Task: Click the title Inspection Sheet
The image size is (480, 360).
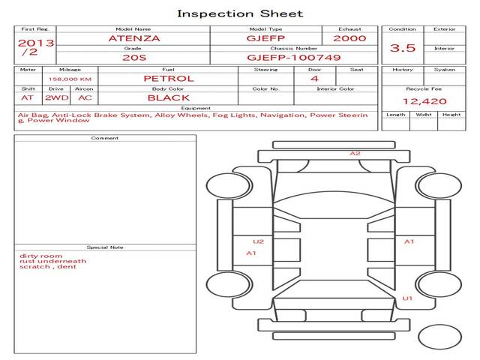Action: [x=240, y=13]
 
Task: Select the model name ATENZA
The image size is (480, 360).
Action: [x=134, y=38]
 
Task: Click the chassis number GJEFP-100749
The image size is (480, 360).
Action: [x=294, y=58]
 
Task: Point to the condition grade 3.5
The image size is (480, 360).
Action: [x=403, y=48]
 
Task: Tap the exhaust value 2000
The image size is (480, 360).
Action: [x=349, y=38]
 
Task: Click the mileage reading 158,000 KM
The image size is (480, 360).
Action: [x=70, y=79]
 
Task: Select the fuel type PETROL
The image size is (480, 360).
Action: [x=169, y=79]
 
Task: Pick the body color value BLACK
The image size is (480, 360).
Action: [x=169, y=98]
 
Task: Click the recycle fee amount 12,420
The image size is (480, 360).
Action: [x=424, y=101]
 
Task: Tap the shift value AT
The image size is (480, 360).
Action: [x=27, y=98]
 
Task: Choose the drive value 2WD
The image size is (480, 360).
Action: [x=57, y=98]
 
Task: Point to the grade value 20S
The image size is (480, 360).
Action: [x=134, y=58]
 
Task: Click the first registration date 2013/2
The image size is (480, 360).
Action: [x=36, y=47]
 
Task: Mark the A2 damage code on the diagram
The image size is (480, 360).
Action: [x=355, y=153]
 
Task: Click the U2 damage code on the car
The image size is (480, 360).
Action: [x=258, y=241]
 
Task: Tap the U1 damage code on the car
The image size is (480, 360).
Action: [x=407, y=298]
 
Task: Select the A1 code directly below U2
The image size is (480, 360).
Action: [x=251, y=253]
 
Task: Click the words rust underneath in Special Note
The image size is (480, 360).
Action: [x=53, y=261]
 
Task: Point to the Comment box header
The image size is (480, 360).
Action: [x=105, y=138]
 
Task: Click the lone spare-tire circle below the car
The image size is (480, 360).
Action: [x=440, y=337]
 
